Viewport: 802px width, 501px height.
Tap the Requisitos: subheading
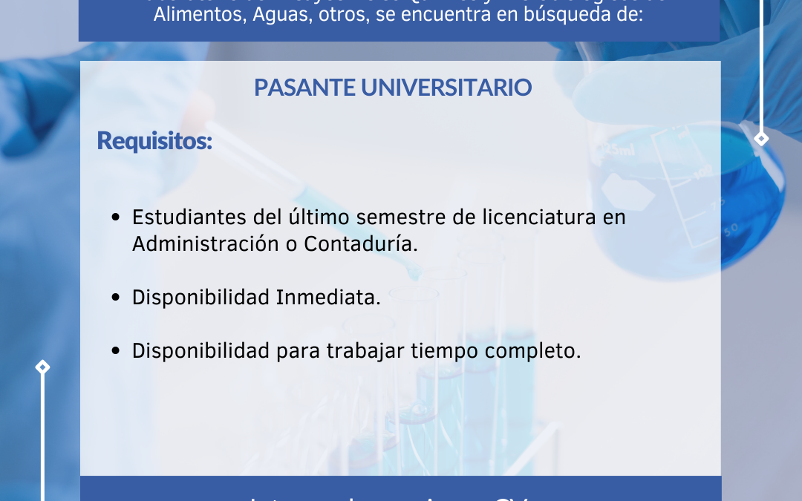pos(154,140)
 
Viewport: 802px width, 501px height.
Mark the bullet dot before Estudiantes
pos(116,218)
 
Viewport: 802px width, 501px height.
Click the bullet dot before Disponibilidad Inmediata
pos(116,298)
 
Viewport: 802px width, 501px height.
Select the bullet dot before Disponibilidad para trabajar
pos(116,352)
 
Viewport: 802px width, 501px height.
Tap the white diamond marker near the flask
pos(761,139)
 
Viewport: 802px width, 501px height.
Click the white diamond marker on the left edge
pos(42,367)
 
